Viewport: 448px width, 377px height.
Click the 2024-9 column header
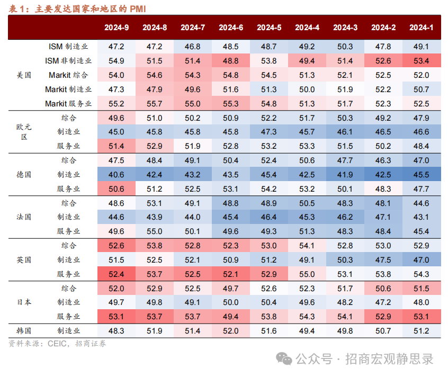117,28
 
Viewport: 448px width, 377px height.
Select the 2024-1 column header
422,28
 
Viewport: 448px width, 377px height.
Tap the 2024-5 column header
269,28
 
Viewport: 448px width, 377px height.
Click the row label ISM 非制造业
68,61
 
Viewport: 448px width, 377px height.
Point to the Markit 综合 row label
68,75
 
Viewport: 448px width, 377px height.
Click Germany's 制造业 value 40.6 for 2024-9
117,174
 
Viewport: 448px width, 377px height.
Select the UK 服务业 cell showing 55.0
307,274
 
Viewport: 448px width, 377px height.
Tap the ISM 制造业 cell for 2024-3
345,47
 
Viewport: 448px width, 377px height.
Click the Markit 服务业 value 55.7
155,104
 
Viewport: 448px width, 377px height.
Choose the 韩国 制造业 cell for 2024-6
231,330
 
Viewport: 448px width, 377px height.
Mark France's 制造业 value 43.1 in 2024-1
422,217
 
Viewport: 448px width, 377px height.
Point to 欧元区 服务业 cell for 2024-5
269,146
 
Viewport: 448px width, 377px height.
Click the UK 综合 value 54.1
307,245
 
